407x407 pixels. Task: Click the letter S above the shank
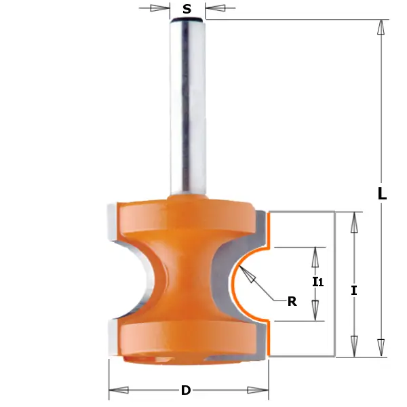click(x=187, y=9)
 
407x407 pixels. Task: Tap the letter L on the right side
click(x=382, y=193)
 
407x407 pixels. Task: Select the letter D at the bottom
click(x=185, y=390)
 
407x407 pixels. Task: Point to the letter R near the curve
click(x=292, y=302)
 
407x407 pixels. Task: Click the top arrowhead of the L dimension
click(x=381, y=27)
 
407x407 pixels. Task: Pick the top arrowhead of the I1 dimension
click(x=315, y=256)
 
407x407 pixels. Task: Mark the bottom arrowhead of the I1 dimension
click(x=315, y=312)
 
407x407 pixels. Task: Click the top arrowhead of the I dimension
click(x=354, y=220)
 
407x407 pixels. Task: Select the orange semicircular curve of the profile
click(x=234, y=285)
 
